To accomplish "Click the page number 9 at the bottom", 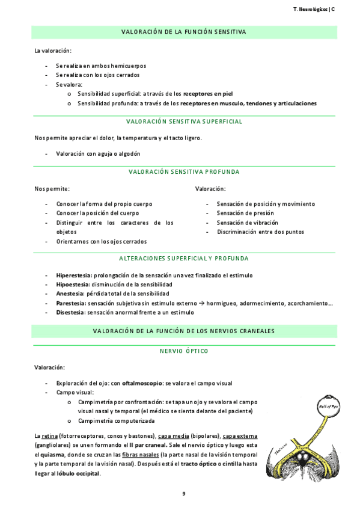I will click(184, 494).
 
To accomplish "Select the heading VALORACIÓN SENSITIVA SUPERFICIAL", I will click(184, 121).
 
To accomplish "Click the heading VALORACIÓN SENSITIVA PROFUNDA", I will click(184, 172).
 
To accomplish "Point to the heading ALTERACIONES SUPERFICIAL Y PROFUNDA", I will click(184, 258).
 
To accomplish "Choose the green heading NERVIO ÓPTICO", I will click(184, 351).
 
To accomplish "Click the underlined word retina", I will click(49, 435).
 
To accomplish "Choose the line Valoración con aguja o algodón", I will click(94, 154).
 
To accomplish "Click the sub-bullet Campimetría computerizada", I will click(117, 420).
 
